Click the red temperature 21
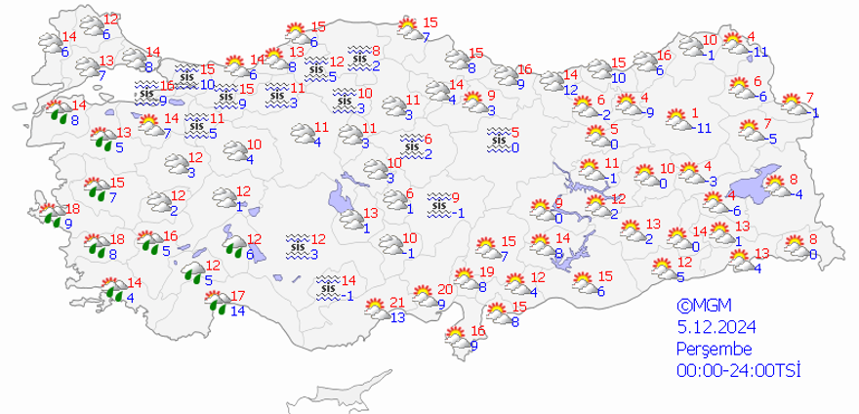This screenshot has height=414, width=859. pos(396,302)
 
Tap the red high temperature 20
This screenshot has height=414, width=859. pos(445,289)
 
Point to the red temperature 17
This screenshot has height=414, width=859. pos(236,296)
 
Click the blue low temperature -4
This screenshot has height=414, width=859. pos(797,193)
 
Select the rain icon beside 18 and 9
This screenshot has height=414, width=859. pos(50,215)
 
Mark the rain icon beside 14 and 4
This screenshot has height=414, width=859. pos(115,290)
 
